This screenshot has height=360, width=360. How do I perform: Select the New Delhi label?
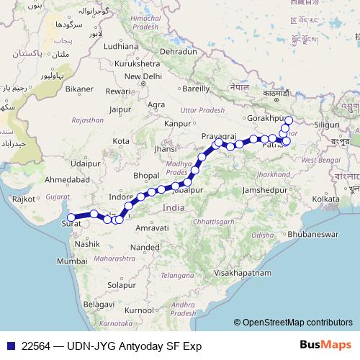143,76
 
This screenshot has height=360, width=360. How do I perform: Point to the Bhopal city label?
145,176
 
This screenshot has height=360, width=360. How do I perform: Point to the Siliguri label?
326,125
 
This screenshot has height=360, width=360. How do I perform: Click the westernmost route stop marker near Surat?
71,217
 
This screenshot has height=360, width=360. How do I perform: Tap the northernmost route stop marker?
289,120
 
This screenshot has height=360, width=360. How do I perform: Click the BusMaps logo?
325,345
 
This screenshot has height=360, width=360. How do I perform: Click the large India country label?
174,207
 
